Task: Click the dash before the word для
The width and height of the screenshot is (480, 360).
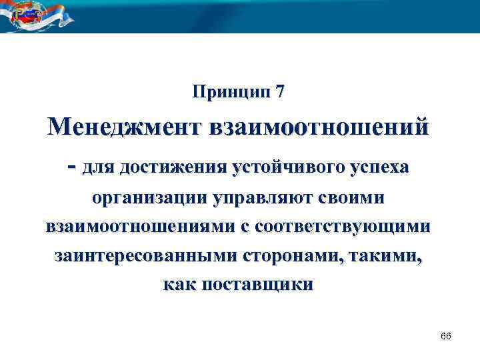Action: tap(71, 167)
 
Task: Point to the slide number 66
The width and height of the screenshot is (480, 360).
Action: tap(446, 335)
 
